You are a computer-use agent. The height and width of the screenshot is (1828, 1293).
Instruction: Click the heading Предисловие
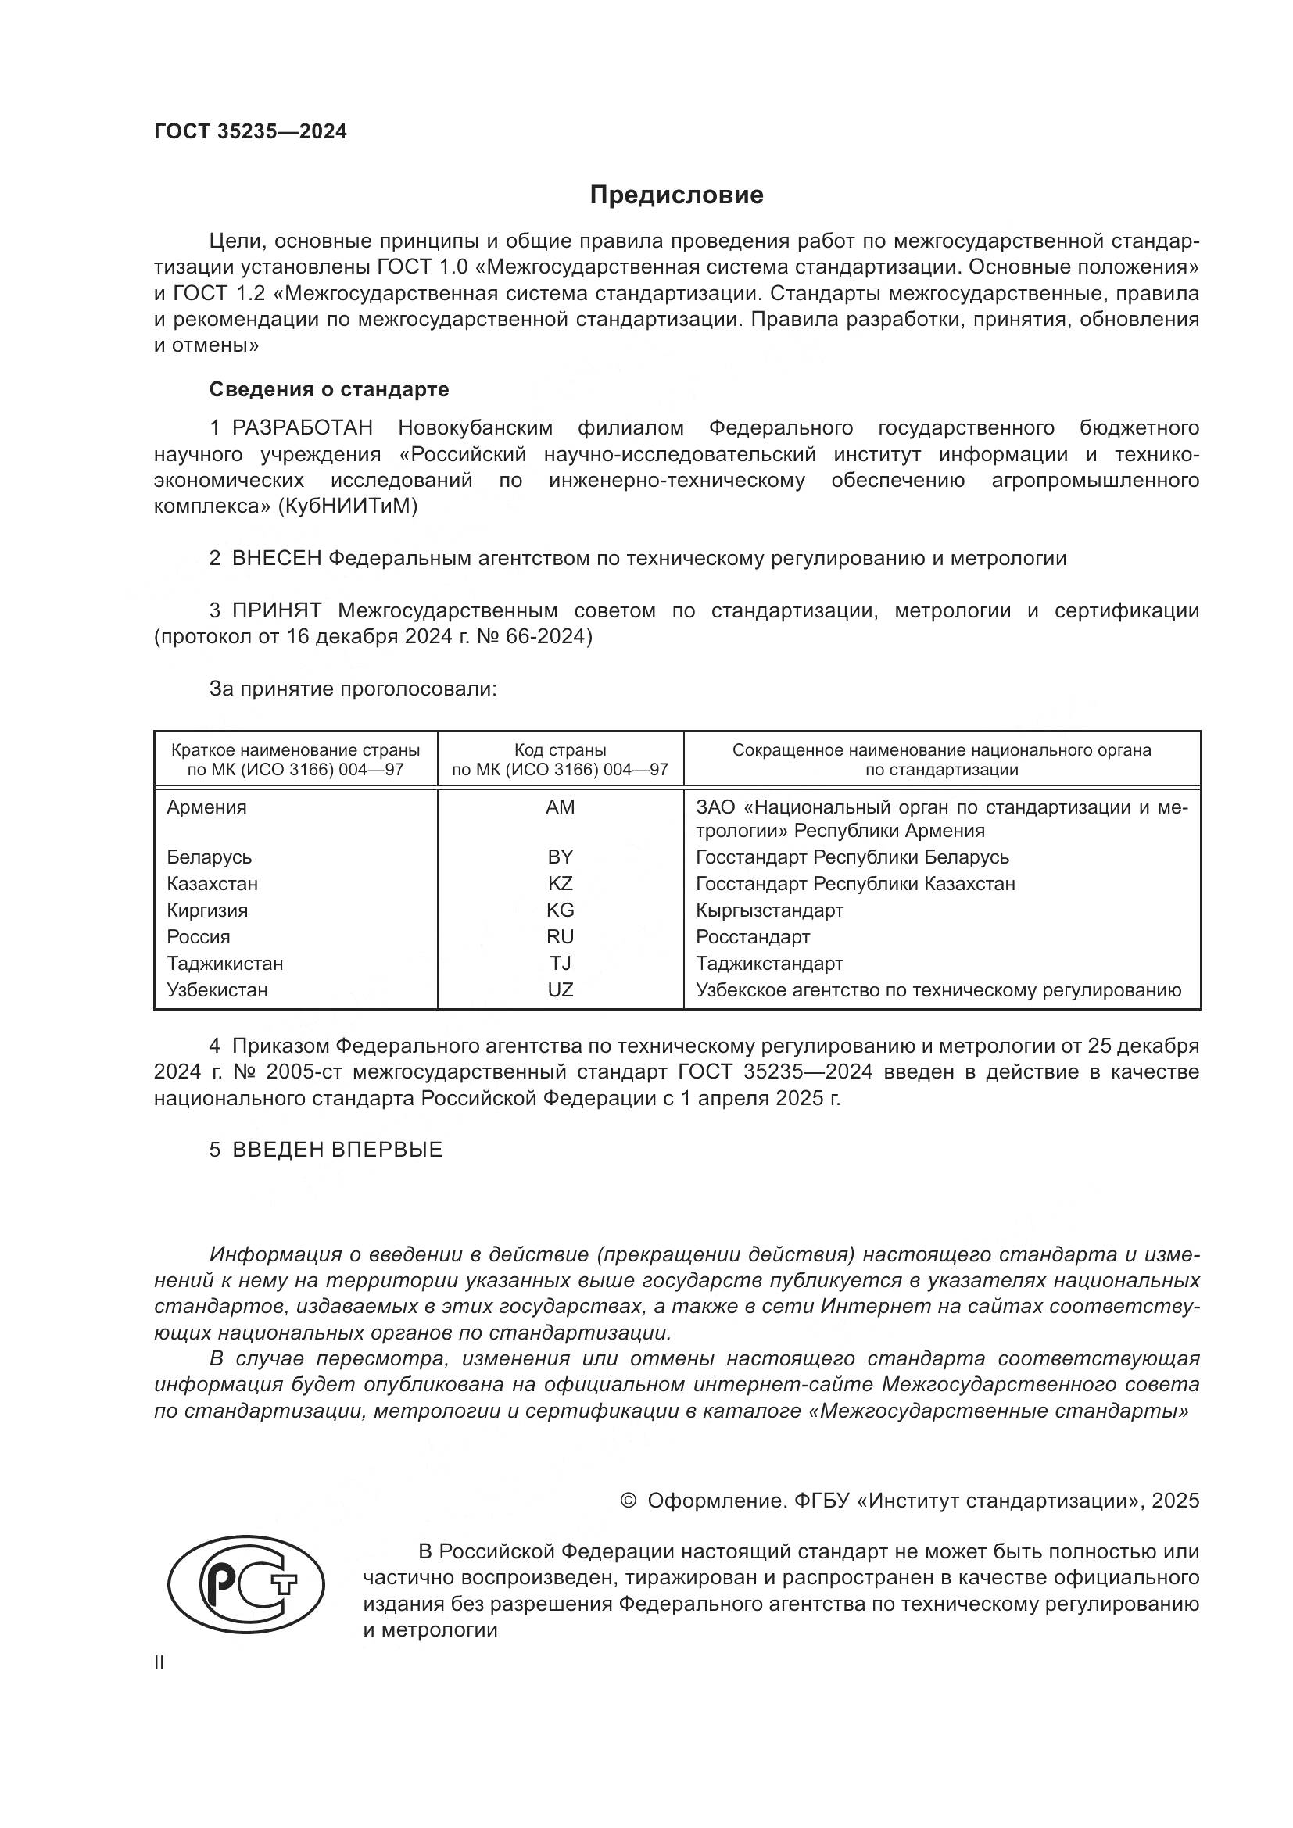point(676,195)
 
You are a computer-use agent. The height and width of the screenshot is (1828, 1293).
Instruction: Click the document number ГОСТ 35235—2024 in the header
point(250,131)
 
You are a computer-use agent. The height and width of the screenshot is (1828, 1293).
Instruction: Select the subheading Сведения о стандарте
point(329,389)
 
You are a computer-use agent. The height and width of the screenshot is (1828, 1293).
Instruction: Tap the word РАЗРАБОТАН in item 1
point(303,428)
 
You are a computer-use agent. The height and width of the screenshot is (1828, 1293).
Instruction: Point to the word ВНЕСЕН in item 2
point(276,559)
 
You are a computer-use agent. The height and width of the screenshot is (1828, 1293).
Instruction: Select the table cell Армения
point(206,807)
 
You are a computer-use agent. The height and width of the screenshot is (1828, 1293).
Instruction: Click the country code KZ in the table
point(560,884)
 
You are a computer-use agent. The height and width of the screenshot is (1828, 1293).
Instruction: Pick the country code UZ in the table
point(560,989)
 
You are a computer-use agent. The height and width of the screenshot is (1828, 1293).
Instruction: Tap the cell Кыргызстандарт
point(769,910)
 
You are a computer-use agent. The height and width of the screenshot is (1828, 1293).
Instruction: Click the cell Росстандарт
point(752,937)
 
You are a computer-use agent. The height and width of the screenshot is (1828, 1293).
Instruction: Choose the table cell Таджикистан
point(224,964)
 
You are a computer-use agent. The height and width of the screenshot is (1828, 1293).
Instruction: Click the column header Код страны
point(560,750)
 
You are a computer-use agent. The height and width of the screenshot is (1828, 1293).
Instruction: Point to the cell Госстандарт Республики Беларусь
point(852,857)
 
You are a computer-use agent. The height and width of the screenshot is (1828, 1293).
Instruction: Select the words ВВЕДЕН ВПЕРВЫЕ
point(337,1150)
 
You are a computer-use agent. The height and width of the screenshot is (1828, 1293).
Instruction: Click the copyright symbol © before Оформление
point(628,1501)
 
